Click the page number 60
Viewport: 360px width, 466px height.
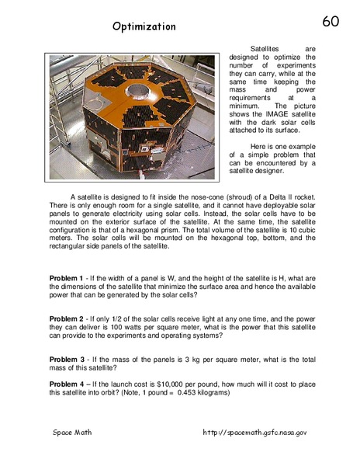[x=331, y=21]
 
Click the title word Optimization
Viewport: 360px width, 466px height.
[x=144, y=26]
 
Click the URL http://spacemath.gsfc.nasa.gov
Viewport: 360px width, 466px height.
[x=255, y=432]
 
